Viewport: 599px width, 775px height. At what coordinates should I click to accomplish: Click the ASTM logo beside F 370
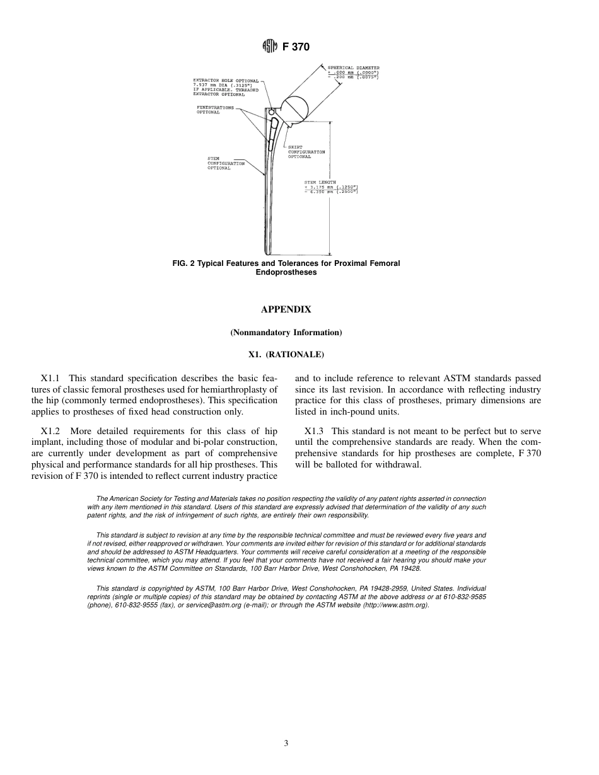point(270,47)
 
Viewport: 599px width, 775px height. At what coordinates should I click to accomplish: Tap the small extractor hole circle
point(272,112)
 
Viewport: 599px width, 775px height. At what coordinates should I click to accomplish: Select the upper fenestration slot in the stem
point(274,130)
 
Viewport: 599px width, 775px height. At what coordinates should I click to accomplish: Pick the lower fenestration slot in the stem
point(270,144)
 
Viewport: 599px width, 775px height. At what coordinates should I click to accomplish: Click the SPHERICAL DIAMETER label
point(353,68)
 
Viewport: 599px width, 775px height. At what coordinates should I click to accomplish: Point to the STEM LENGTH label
point(320,183)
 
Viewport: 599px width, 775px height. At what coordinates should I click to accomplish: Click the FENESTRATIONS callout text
point(214,108)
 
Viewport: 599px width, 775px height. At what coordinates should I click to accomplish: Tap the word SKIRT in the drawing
point(294,147)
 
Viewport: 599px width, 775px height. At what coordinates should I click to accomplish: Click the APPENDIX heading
point(286,309)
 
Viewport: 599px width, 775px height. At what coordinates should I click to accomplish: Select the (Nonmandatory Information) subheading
point(286,332)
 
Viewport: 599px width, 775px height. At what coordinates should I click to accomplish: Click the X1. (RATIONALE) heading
point(286,355)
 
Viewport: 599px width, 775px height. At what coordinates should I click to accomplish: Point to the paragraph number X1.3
point(313,431)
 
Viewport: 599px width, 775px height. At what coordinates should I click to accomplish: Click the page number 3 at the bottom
point(286,743)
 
